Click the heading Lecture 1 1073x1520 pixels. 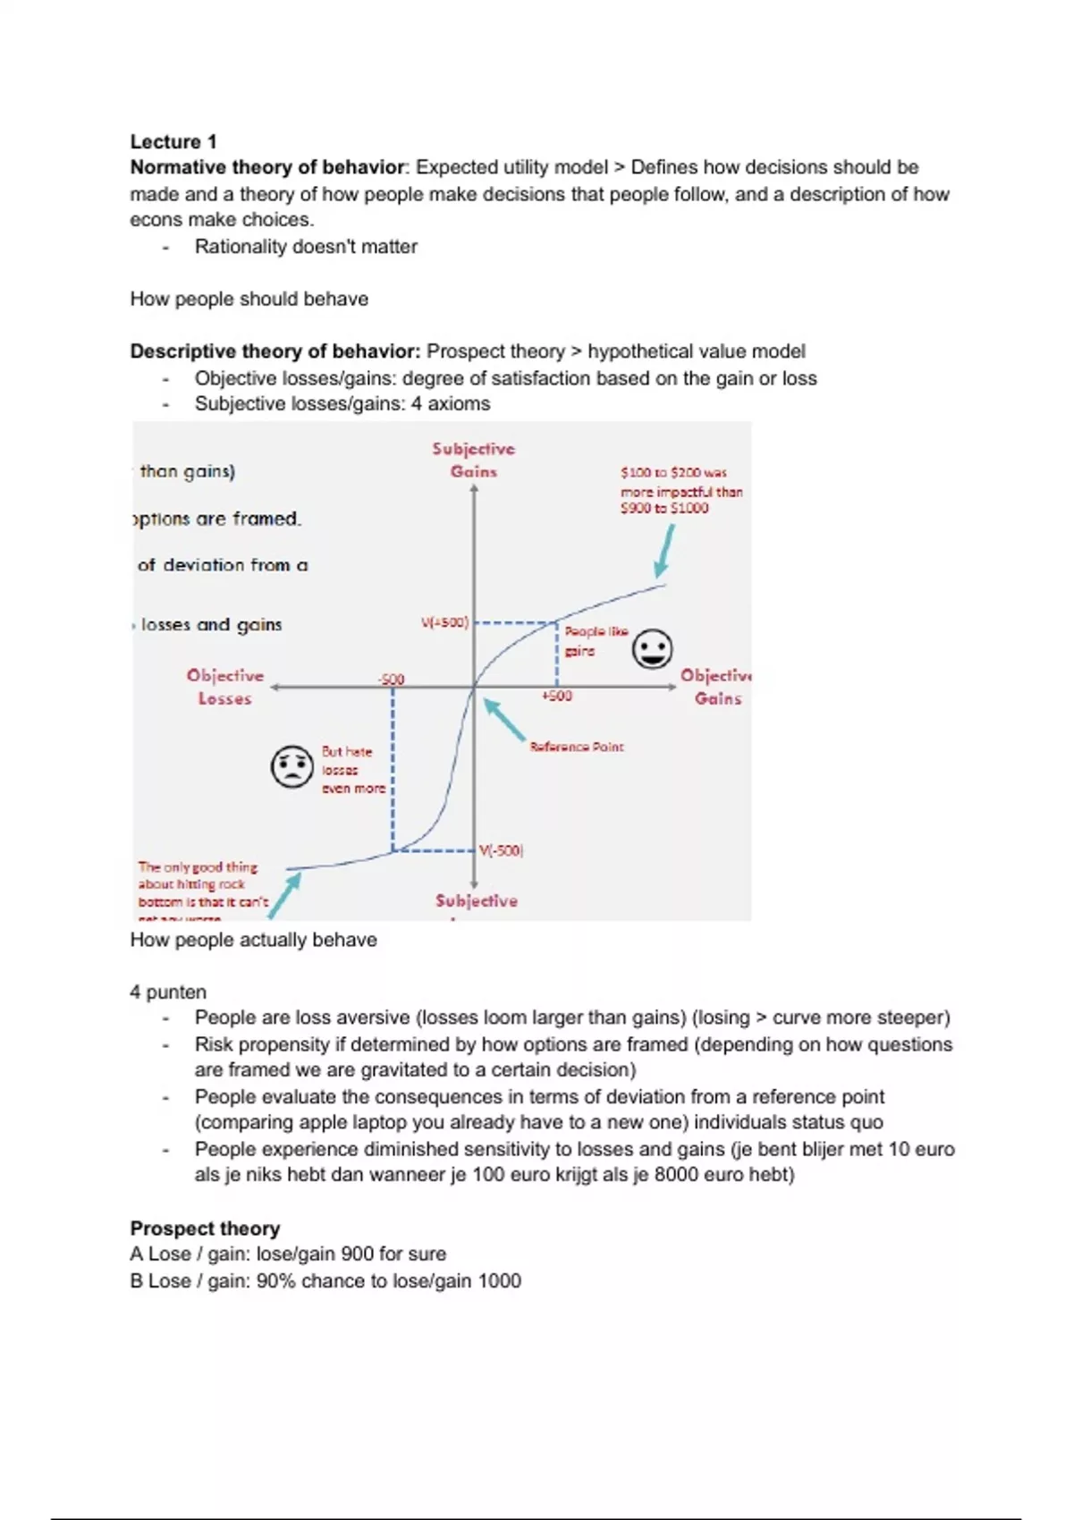[173, 141]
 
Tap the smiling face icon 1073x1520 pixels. [652, 649]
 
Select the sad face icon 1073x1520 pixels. [291, 766]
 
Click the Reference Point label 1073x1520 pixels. [577, 747]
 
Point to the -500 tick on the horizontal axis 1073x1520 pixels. [392, 680]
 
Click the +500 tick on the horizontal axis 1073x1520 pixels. [556, 696]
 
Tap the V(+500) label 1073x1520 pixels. [444, 622]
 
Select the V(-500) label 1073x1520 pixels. [501, 850]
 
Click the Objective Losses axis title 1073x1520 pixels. [225, 687]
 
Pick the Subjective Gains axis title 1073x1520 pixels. [473, 460]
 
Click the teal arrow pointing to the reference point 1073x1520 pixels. [505, 720]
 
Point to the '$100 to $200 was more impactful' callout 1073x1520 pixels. [681, 490]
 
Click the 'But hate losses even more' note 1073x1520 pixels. [352, 770]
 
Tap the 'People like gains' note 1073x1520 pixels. [596, 641]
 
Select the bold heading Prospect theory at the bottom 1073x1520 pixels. [205, 1228]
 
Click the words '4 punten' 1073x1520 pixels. [168, 992]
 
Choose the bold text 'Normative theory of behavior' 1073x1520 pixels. [267, 167]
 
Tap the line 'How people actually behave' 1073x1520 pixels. [253, 940]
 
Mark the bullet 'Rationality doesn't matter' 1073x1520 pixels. [306, 247]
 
